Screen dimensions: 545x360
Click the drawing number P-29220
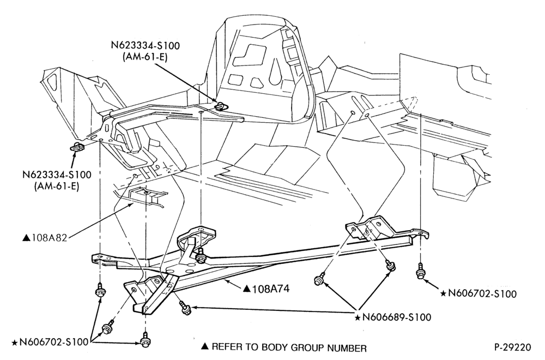[513, 347]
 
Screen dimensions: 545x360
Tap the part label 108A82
[49, 238]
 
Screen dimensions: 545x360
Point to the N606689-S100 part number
[397, 317]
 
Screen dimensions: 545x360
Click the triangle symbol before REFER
[205, 346]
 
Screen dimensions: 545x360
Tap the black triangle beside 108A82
[26, 238]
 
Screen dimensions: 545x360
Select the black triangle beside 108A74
[247, 289]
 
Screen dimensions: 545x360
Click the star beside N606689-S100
[358, 317]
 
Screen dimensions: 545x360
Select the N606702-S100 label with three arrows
[53, 342]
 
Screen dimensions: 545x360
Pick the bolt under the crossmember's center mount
[201, 258]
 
